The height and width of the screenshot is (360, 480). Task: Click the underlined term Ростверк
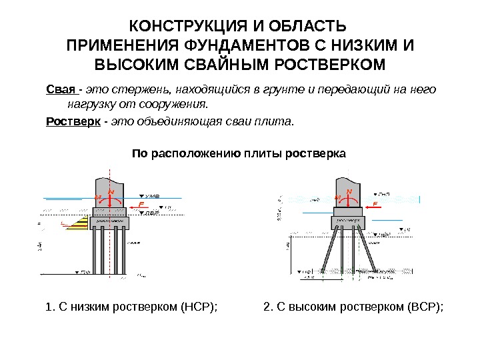coord(73,121)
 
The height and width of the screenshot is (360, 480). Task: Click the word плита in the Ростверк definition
coord(277,121)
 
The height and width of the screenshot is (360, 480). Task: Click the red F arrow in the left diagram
coord(137,207)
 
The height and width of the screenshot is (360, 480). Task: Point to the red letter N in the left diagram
coord(111,192)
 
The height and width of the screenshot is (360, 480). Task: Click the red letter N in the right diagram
coord(349,191)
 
